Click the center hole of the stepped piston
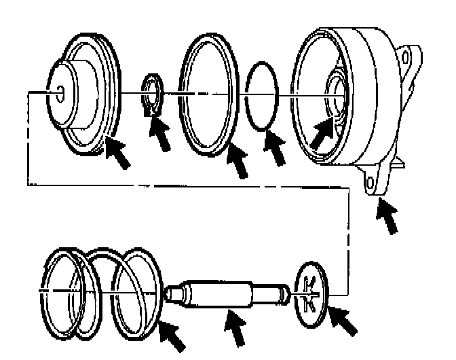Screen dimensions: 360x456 click(x=59, y=90)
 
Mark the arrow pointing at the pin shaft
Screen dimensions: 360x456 click(x=237, y=330)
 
